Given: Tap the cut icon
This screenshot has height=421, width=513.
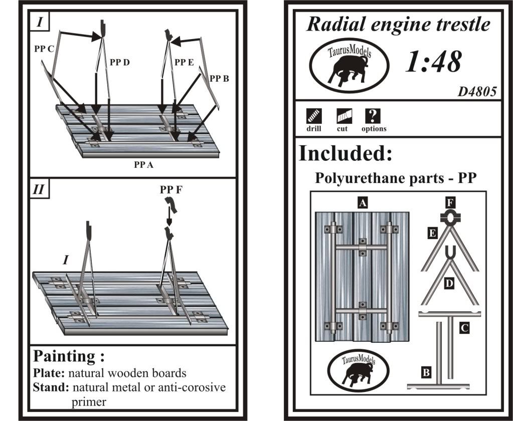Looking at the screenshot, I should [343, 116].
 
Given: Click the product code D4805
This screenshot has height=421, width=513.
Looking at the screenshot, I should [477, 92].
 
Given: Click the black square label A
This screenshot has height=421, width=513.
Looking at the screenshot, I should [363, 202].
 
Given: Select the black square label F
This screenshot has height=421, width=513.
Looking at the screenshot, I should [450, 203].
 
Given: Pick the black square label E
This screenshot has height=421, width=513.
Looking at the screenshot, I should [431, 233].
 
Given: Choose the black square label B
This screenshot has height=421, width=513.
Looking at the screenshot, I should [425, 372].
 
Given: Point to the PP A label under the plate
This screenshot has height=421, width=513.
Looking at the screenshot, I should [143, 164].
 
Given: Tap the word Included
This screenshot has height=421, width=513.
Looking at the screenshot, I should [345, 153].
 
